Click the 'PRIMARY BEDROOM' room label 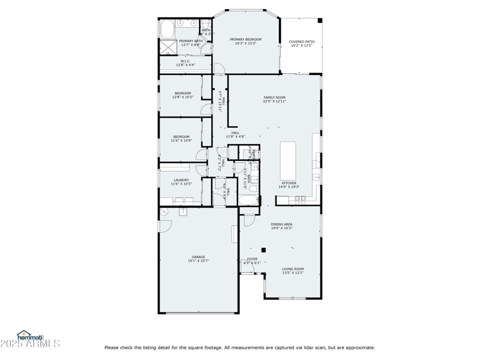coord(246,40)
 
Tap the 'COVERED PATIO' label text coord(302,42)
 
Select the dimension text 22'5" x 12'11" coord(274,101)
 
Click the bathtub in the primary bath coord(167,29)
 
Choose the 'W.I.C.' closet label coord(185,61)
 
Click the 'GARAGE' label coord(198,257)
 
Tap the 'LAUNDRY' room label coord(181,180)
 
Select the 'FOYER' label coord(252,259)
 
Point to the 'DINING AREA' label coord(281,224)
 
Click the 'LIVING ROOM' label coord(293,269)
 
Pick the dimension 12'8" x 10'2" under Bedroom coord(182,97)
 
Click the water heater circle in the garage coord(163,212)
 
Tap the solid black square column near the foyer coord(263,250)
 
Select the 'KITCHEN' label coord(289,183)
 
